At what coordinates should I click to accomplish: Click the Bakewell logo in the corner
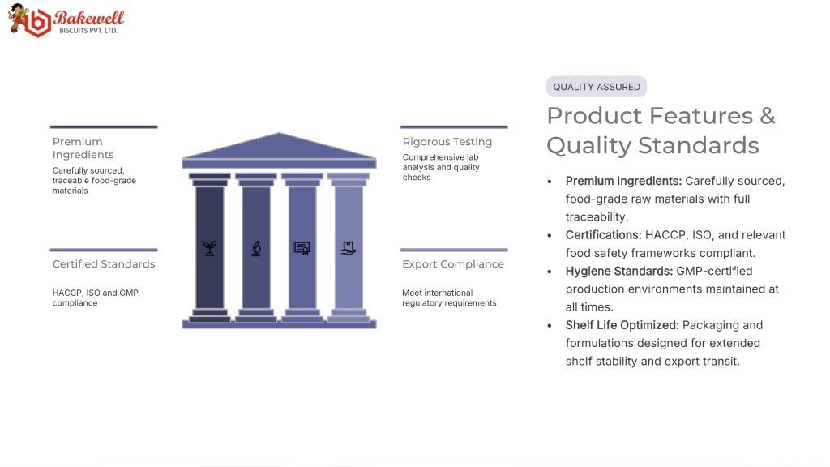click(x=66, y=20)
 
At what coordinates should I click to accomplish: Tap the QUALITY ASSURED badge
click(x=597, y=87)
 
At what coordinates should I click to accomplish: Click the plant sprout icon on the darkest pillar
click(x=210, y=248)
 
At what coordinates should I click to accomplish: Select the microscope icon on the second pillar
click(x=256, y=248)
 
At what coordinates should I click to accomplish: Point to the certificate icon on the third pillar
click(x=302, y=248)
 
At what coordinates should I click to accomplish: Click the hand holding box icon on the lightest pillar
click(x=349, y=248)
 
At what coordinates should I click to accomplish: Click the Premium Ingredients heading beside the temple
click(x=83, y=148)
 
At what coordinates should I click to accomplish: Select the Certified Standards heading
click(x=104, y=264)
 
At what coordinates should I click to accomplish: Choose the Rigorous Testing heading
click(x=447, y=142)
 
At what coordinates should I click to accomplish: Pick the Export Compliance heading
click(x=453, y=264)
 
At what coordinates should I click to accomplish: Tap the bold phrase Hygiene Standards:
click(x=619, y=271)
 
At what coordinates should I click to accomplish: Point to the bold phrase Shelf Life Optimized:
click(x=622, y=325)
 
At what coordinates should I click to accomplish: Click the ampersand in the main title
click(x=768, y=116)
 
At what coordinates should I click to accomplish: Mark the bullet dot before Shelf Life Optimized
click(x=550, y=326)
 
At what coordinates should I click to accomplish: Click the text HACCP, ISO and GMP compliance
click(x=96, y=298)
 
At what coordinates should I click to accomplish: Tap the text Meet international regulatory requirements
click(x=449, y=298)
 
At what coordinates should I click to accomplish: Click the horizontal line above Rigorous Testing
click(x=454, y=127)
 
